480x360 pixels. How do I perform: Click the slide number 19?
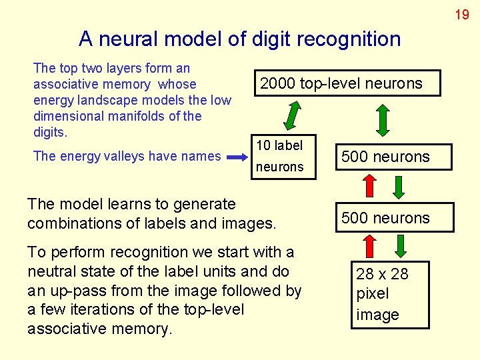[x=462, y=14]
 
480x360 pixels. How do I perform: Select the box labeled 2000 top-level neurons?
[x=341, y=83]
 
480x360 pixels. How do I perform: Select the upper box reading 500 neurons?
[x=385, y=157]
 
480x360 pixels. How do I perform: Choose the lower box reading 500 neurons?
[x=385, y=218]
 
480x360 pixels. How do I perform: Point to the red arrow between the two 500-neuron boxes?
[x=369, y=187]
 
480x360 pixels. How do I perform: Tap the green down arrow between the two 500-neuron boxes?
[x=398, y=187]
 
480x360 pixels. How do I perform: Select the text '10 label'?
[x=279, y=145]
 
